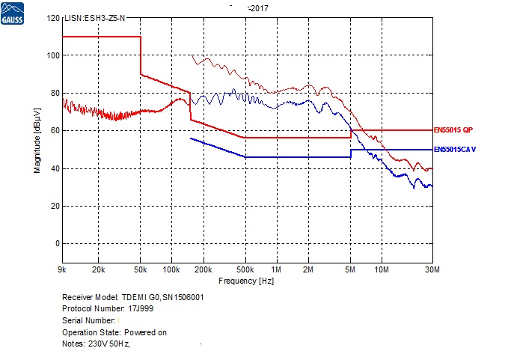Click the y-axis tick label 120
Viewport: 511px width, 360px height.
click(x=52, y=18)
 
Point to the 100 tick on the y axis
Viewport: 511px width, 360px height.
click(x=52, y=55)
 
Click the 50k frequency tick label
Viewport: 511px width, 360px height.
click(x=141, y=269)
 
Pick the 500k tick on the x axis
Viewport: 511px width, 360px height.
click(x=245, y=269)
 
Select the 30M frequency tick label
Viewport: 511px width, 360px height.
click(x=432, y=269)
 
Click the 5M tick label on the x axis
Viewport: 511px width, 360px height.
click(x=350, y=269)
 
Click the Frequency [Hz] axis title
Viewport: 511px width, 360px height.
click(x=246, y=281)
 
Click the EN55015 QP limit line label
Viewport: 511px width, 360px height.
click(x=454, y=131)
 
